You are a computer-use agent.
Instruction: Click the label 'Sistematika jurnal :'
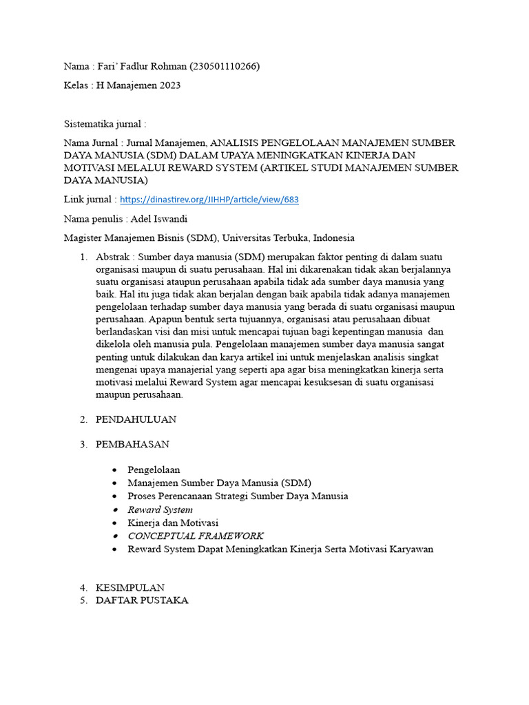tap(105, 124)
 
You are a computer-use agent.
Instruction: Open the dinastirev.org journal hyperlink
tap(209, 200)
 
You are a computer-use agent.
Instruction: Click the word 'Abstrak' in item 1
tap(112, 257)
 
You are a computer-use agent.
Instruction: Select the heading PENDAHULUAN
tap(136, 419)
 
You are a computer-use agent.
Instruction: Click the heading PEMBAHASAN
tap(132, 444)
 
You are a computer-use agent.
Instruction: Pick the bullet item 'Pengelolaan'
tap(154, 470)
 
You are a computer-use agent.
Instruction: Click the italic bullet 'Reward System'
tap(160, 510)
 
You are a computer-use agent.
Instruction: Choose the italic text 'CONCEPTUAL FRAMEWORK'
tap(196, 536)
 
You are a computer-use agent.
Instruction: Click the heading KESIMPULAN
tap(129, 588)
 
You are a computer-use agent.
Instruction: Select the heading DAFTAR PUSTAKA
tap(141, 600)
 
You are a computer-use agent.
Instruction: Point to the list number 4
tap(83, 588)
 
